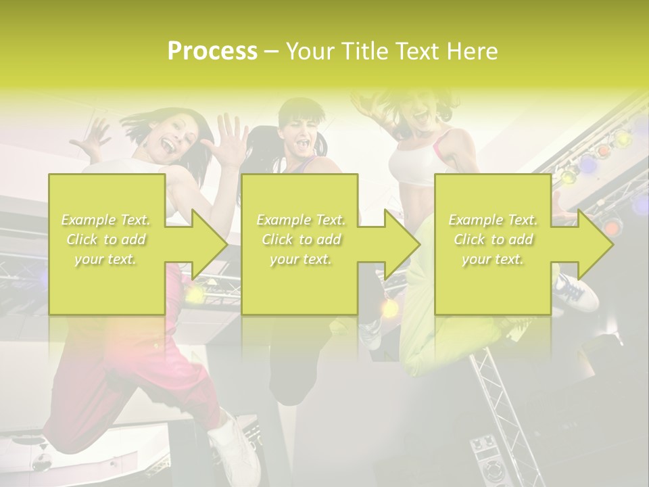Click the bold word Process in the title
point(212,51)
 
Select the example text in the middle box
point(300,239)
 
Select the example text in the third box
point(493,239)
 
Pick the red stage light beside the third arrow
point(612,227)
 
